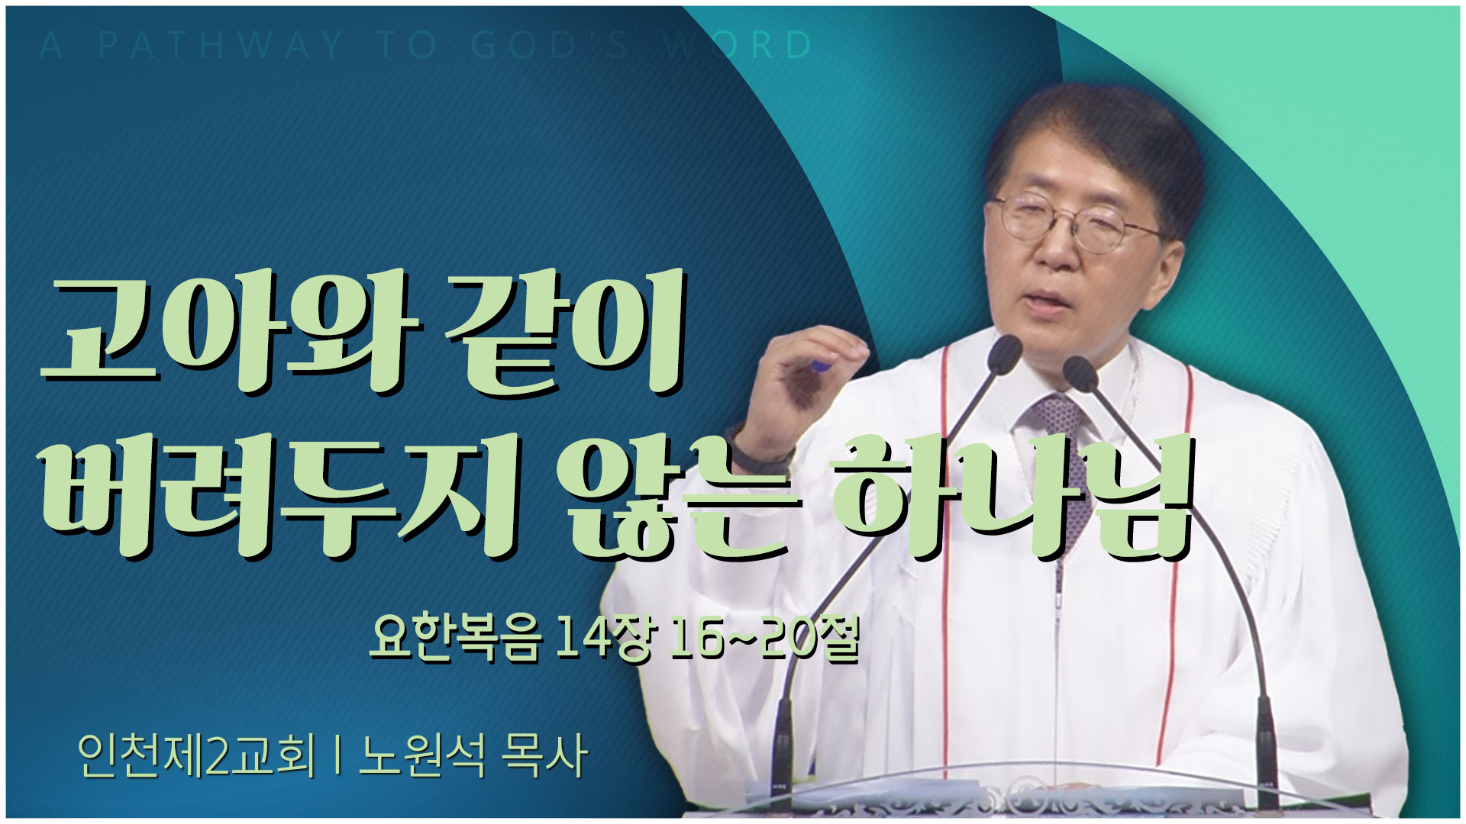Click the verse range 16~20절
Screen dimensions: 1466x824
764,639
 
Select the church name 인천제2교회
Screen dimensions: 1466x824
196,756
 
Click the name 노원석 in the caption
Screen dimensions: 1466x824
422,756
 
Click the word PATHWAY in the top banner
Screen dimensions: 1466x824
221,45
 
